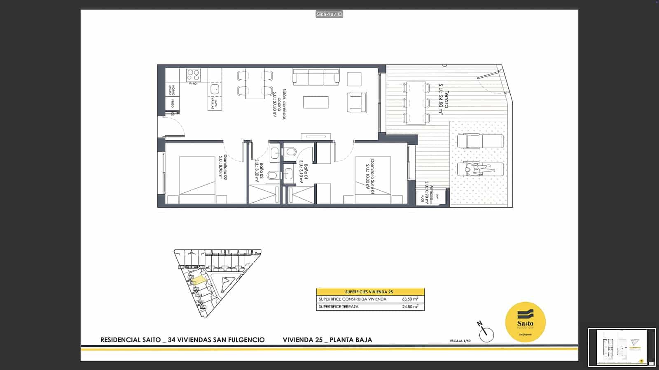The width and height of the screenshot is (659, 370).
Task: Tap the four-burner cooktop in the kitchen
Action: (x=193, y=75)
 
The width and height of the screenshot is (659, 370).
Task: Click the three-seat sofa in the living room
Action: (x=316, y=76)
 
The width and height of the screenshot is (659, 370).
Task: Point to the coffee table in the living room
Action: (x=316, y=102)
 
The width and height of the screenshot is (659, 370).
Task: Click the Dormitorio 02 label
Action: (x=223, y=167)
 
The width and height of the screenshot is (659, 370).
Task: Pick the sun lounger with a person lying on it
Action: (x=480, y=169)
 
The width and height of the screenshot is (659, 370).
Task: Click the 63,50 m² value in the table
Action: (x=410, y=299)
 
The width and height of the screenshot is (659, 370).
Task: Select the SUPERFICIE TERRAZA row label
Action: (x=339, y=307)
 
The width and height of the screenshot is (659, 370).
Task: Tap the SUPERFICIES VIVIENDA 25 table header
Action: (x=369, y=291)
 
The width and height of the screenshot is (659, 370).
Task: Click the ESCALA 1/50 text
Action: (x=460, y=341)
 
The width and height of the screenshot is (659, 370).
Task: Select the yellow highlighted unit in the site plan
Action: (x=199, y=280)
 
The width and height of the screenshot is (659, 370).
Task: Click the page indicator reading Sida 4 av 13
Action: (x=329, y=14)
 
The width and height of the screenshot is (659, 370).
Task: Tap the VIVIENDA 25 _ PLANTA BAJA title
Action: (x=327, y=340)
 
